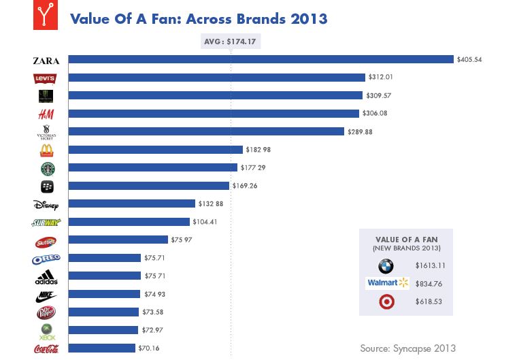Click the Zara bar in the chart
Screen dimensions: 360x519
pyautogui.click(x=261, y=59)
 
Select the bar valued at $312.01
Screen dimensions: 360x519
pyautogui.click(x=216, y=78)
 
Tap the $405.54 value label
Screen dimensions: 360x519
pyautogui.click(x=469, y=60)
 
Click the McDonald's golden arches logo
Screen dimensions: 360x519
pyautogui.click(x=46, y=150)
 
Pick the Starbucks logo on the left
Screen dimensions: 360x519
pyautogui.click(x=46, y=168)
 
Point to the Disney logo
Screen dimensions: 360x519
pyautogui.click(x=46, y=204)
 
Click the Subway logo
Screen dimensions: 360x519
pyautogui.click(x=46, y=223)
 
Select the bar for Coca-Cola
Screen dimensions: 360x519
pyautogui.click(x=102, y=348)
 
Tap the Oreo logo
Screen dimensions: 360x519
pyautogui.click(x=46, y=259)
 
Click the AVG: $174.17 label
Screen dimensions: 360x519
pyautogui.click(x=231, y=42)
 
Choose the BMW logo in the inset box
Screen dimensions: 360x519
pyautogui.click(x=386, y=266)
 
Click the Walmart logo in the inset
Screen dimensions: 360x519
pyautogui.click(x=387, y=282)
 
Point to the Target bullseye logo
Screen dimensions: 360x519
pyautogui.click(x=386, y=301)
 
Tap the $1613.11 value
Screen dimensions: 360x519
pyautogui.click(x=430, y=266)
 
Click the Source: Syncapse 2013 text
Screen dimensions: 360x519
pyautogui.click(x=407, y=348)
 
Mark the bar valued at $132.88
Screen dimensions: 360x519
pyautogui.click(x=131, y=203)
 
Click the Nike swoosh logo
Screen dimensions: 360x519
pyautogui.click(x=46, y=296)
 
